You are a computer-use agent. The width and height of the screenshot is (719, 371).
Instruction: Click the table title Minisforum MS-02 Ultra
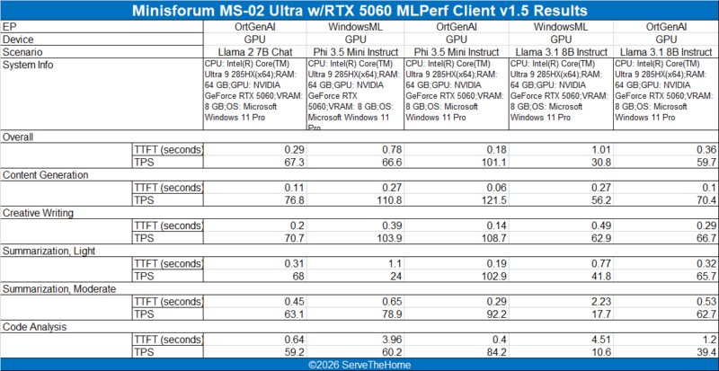tap(359, 11)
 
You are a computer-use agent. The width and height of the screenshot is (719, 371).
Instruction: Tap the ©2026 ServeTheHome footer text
tap(359, 365)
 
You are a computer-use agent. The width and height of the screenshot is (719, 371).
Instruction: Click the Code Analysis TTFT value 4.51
tap(600, 340)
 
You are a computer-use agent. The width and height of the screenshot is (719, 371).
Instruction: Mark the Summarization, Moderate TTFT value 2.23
tap(600, 301)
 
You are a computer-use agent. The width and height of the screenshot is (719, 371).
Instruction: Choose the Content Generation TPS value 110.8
tap(388, 199)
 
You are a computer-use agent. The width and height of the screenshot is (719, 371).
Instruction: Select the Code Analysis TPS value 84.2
tap(496, 352)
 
